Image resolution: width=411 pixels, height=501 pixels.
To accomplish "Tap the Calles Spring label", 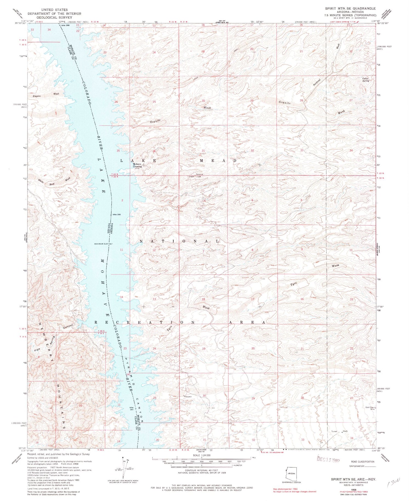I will pos(365,79).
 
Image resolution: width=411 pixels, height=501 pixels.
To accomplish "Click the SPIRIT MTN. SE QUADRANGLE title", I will pos(350,8).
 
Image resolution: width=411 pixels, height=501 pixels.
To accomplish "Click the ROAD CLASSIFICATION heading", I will pos(362,462).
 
